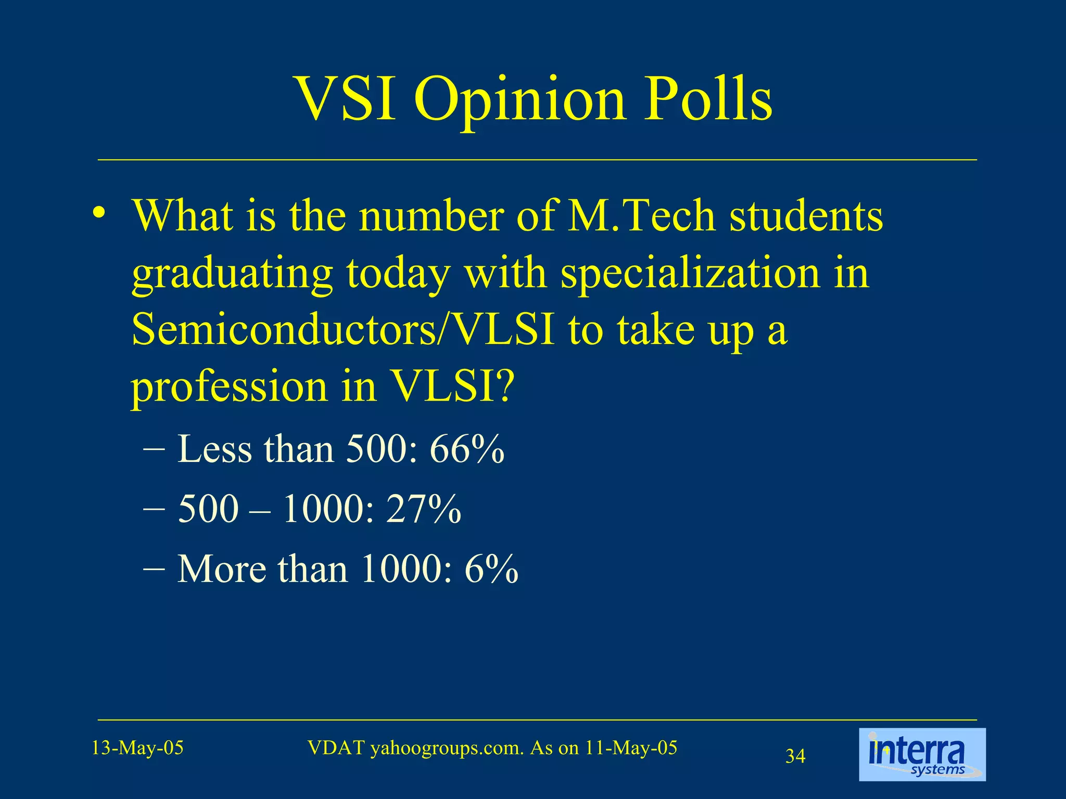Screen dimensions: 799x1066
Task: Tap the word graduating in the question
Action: point(232,274)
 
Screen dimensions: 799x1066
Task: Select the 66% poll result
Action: point(467,449)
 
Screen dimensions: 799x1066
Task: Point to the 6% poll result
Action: point(491,569)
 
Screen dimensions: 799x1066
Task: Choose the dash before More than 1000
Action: point(154,567)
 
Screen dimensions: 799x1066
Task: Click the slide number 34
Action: point(795,756)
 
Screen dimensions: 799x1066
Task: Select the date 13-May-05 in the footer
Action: point(137,748)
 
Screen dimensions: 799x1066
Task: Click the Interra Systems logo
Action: point(922,754)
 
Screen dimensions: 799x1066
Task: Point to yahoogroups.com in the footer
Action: point(447,748)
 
